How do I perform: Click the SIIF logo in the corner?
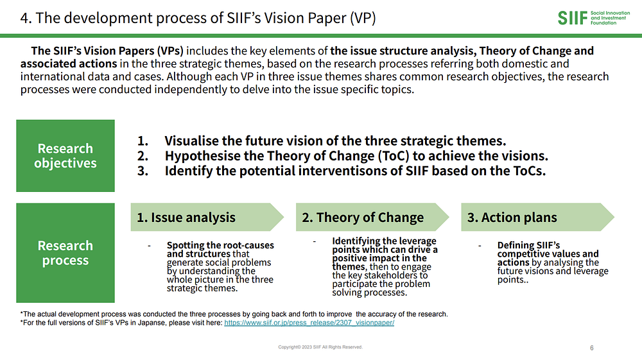click(x=594, y=18)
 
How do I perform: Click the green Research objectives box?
click(x=65, y=156)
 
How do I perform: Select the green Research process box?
click(x=65, y=253)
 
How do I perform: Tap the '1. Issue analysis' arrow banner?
click(x=207, y=218)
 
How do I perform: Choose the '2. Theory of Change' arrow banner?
click(x=372, y=218)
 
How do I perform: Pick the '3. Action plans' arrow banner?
click(x=537, y=218)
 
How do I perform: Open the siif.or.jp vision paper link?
click(x=309, y=323)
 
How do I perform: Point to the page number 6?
click(x=592, y=348)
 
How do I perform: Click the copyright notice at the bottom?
click(x=320, y=347)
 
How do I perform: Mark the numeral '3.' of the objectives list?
click(x=143, y=171)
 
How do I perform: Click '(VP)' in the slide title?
click(x=362, y=18)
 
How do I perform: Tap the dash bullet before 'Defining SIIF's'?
click(x=480, y=246)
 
